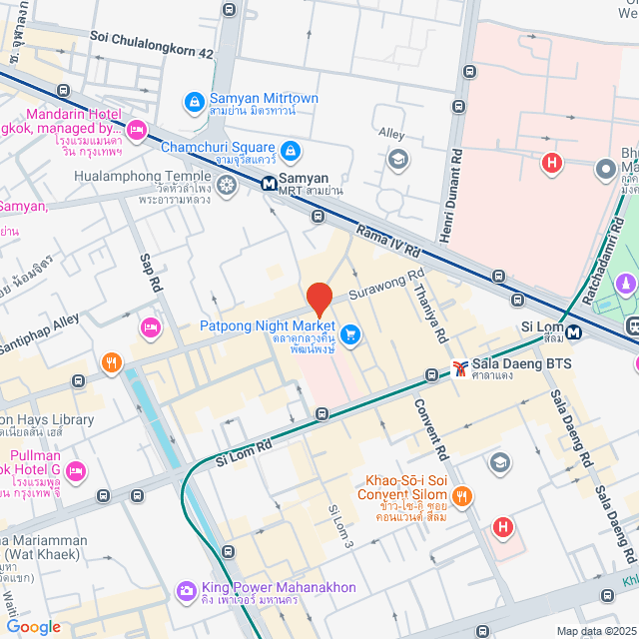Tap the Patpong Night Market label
tap(268, 326)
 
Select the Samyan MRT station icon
tap(270, 184)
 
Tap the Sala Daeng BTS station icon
tap(459, 367)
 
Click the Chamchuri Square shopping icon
tap(290, 151)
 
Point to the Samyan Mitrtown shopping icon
tap(193, 101)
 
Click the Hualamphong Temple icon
tap(228, 184)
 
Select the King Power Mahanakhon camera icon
tap(186, 591)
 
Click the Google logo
tap(32, 626)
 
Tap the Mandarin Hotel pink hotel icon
tap(137, 128)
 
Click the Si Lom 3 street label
tap(338, 525)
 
